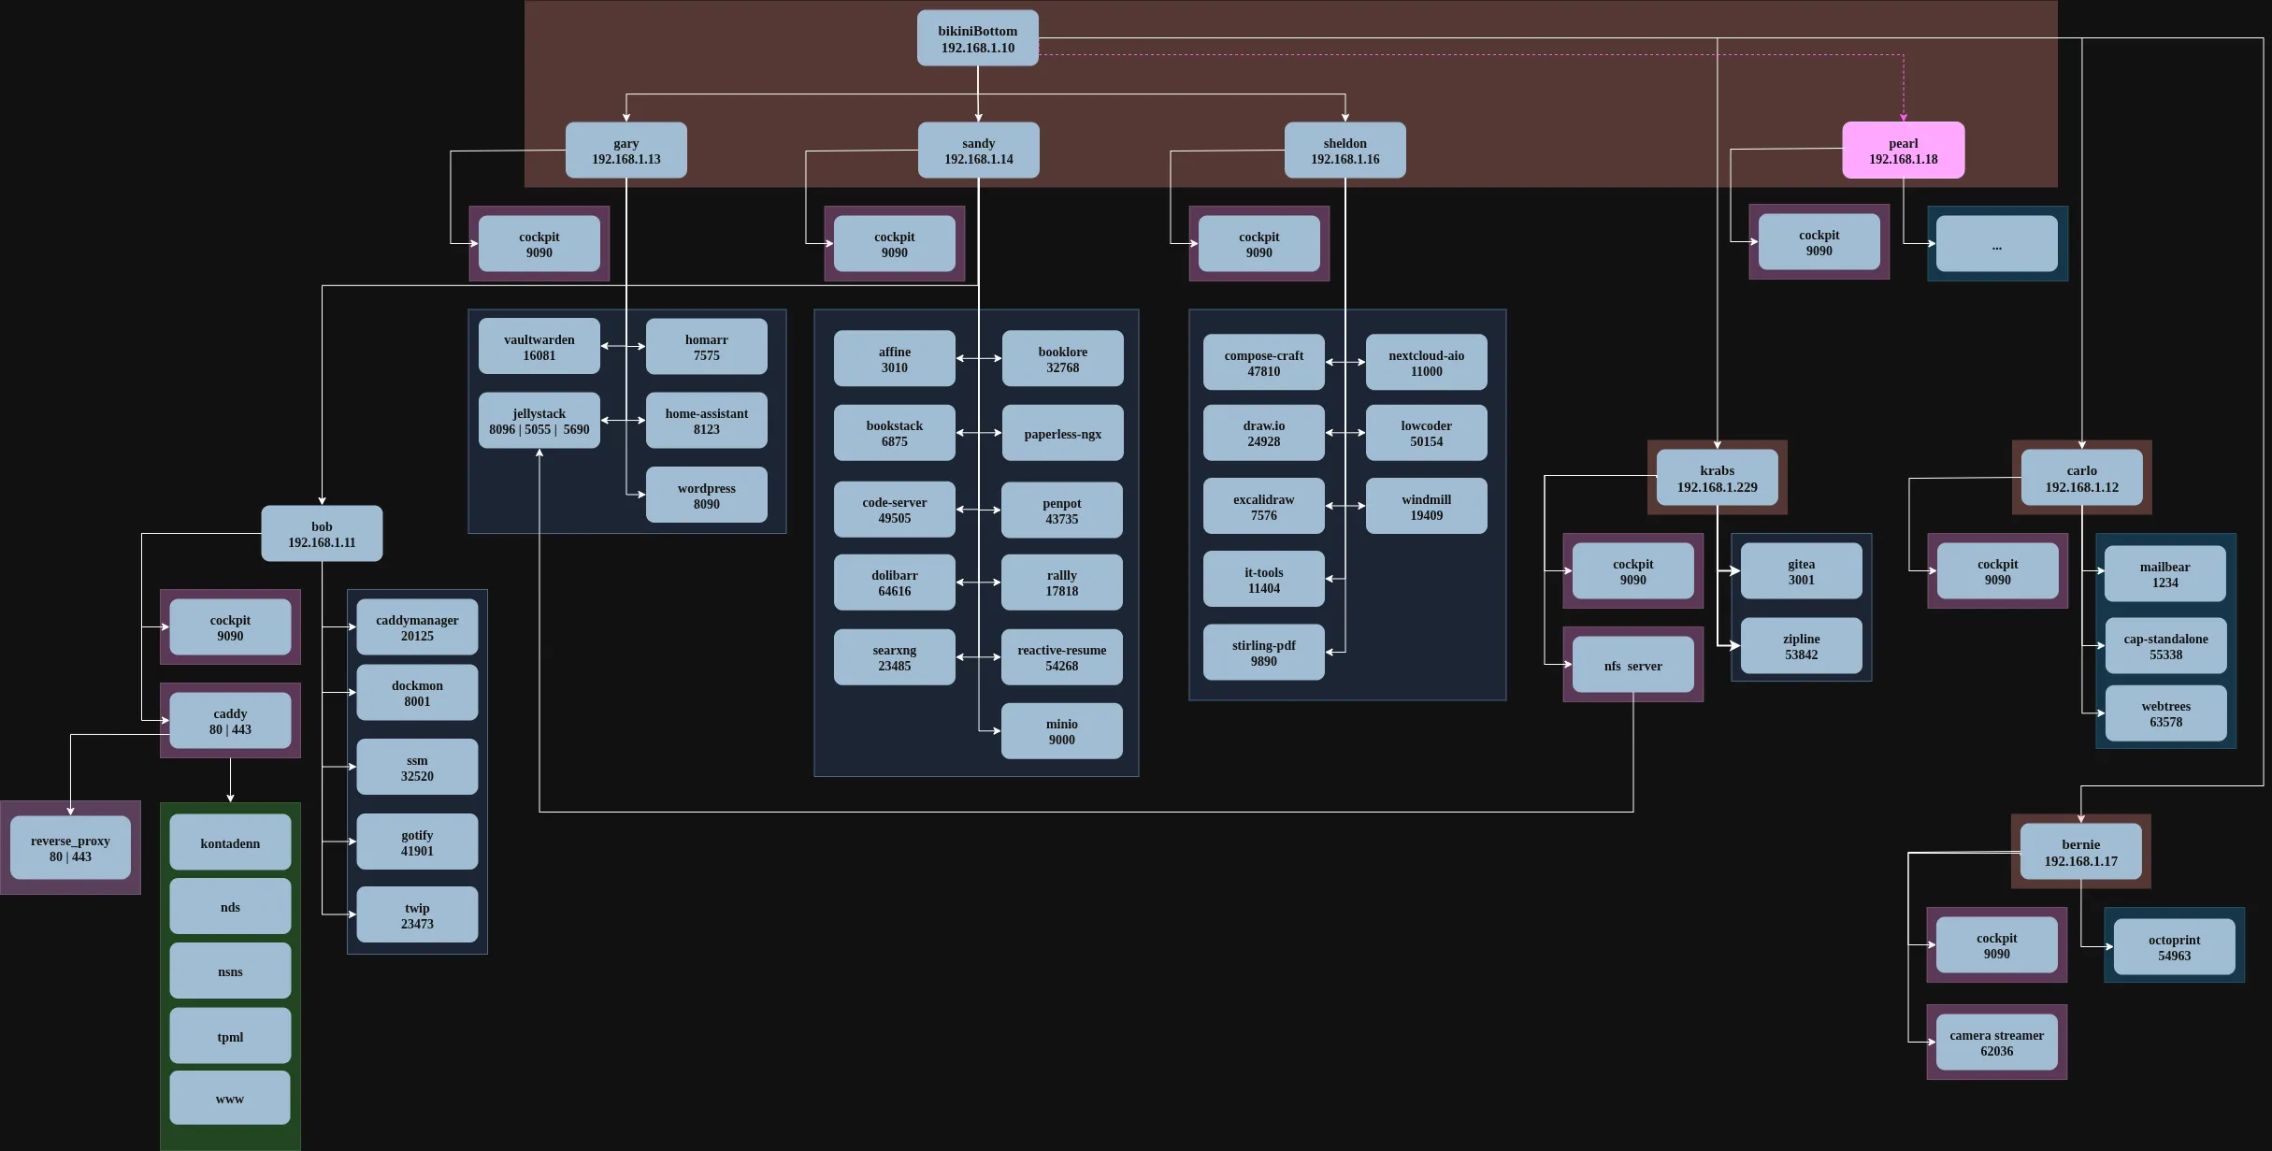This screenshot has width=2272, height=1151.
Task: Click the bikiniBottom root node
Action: coord(977,38)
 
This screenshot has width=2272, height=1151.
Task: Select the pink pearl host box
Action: coord(1903,151)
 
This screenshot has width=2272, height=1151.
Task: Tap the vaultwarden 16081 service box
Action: coord(539,347)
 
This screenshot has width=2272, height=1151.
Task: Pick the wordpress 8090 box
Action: coord(706,496)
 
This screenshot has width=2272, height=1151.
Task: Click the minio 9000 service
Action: coord(1061,731)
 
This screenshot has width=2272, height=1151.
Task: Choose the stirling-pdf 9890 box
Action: coord(1263,653)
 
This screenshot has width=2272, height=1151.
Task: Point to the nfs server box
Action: coord(1632,666)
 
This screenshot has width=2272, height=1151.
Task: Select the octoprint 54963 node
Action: coord(2174,947)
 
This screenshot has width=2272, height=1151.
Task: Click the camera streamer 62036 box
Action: coord(1996,1043)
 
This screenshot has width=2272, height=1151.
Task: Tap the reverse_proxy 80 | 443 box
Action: coord(70,848)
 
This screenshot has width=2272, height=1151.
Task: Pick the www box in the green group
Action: coord(230,1099)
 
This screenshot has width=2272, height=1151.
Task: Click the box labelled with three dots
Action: coord(1996,245)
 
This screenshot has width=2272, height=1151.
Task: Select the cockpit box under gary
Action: coord(539,244)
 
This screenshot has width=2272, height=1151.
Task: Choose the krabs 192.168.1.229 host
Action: coord(1717,478)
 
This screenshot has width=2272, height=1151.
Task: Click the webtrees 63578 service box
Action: coord(2165,713)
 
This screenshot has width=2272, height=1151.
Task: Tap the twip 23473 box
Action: coord(417,915)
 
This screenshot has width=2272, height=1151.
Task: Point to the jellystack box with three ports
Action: coord(539,421)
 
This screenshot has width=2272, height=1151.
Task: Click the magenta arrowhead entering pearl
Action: coord(1903,117)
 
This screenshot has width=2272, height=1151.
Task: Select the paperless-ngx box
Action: coord(1062,434)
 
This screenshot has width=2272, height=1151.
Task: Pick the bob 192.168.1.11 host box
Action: coord(322,534)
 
